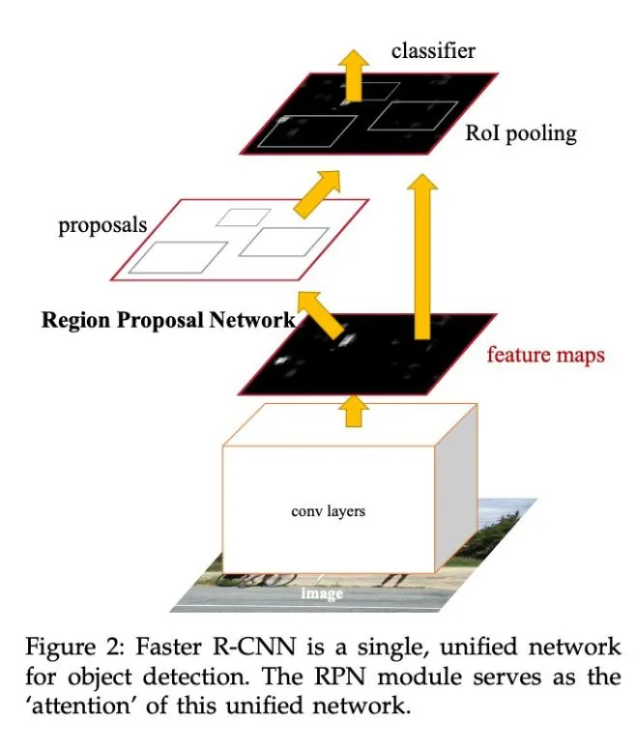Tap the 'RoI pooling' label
(520, 133)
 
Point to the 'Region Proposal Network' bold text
(167, 321)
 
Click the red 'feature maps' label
(545, 355)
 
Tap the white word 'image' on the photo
(322, 592)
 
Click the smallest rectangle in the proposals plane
(237, 216)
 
